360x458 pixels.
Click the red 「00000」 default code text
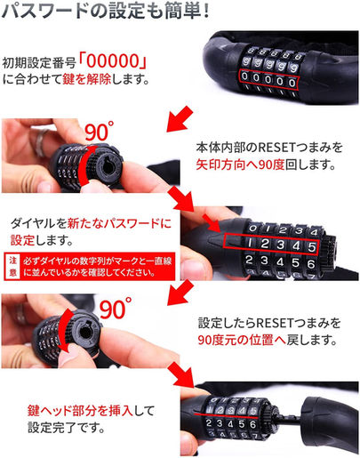point(114,61)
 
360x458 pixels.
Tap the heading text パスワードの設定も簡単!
point(106,11)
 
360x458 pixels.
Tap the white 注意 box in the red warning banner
point(12,266)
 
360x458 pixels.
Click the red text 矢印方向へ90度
point(240,165)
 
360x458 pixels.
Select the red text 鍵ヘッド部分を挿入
point(80,410)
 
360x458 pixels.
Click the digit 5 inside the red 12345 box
point(311,246)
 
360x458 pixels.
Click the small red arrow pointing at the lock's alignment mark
point(212,222)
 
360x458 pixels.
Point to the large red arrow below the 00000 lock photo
point(180,118)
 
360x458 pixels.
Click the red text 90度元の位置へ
point(242,340)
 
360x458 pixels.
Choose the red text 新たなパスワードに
point(119,223)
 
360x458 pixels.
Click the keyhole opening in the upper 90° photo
point(108,165)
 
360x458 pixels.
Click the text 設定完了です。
point(66,428)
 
